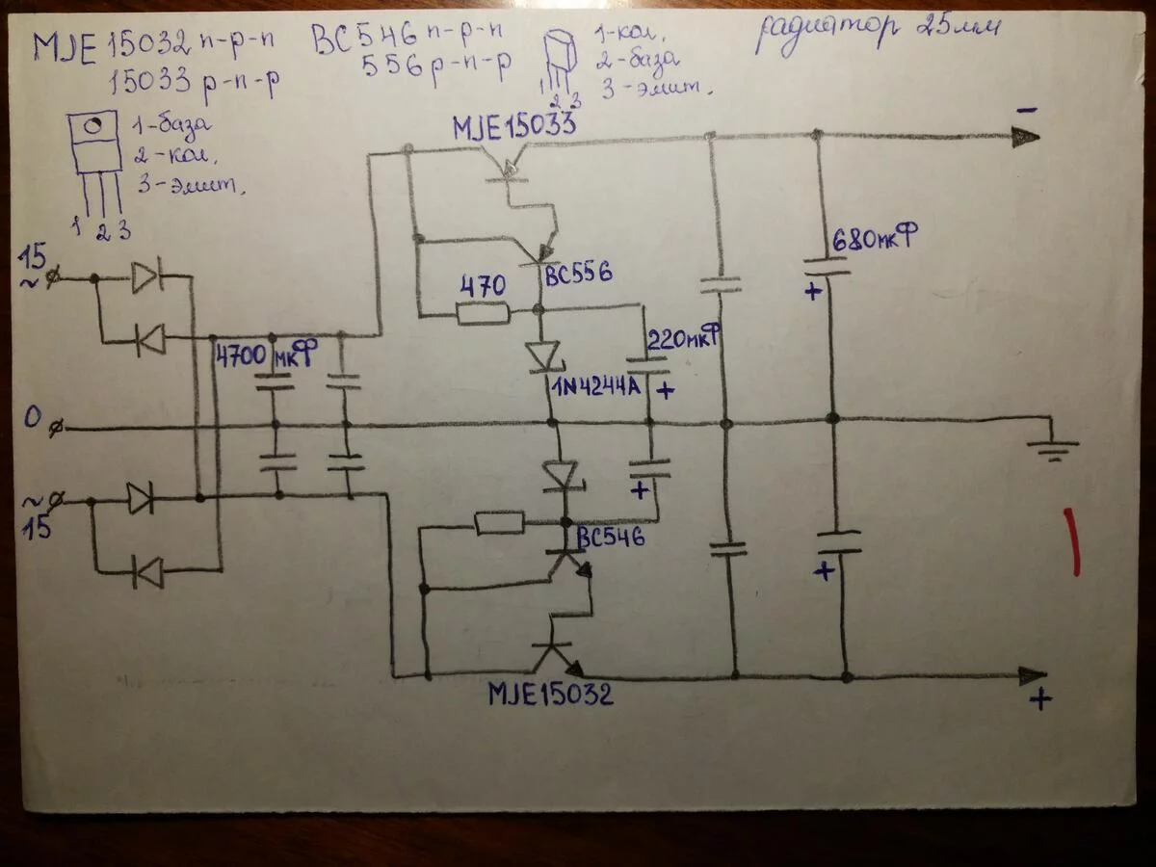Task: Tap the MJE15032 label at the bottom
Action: point(550,694)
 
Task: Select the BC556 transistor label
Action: point(578,274)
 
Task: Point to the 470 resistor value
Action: point(482,286)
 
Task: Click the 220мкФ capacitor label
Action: point(685,340)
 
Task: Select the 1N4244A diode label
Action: point(597,388)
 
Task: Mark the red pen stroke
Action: point(1071,542)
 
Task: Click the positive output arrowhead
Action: point(1033,675)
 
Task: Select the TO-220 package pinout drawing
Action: point(95,159)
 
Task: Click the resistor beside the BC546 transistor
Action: point(500,523)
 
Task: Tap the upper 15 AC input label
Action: point(34,257)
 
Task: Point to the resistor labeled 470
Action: point(483,312)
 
